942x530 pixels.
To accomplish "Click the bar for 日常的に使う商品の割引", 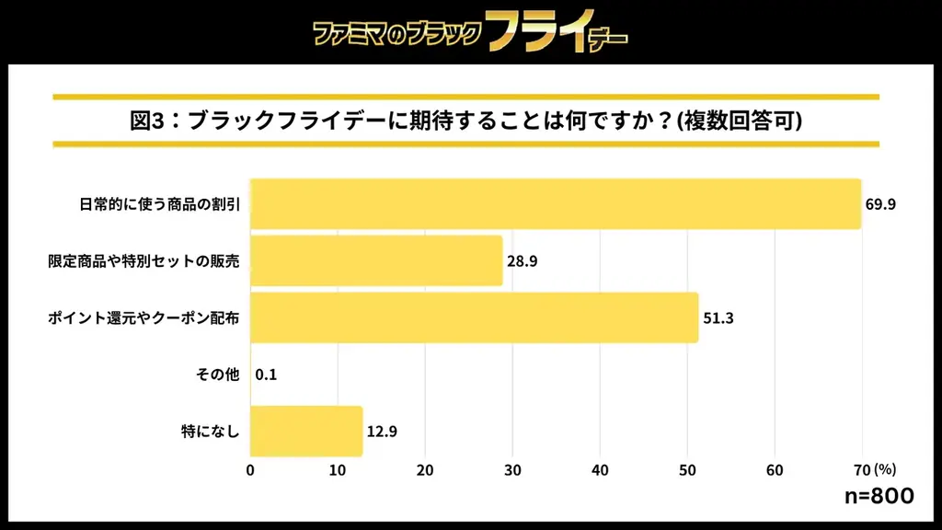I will point(556,203).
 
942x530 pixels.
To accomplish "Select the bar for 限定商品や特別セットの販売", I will point(376,260).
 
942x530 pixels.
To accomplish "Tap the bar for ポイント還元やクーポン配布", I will point(474,317).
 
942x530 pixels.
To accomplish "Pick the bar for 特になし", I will point(306,431).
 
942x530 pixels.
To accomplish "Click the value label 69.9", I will point(879,204).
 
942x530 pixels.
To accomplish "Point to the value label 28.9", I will point(522,261).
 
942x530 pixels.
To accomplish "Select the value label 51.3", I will point(717,318).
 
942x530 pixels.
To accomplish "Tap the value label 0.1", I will point(267,374).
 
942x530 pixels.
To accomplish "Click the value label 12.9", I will point(381,432).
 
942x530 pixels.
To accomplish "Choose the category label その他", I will point(218,374).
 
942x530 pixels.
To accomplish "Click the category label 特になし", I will point(212,432).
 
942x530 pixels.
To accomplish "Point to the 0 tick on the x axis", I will point(251,470).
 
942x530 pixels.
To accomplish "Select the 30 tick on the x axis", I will point(512,470).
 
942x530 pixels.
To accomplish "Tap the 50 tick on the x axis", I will point(687,470).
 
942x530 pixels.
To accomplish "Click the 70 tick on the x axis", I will point(861,470).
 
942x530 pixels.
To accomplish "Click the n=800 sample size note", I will point(879,497).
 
